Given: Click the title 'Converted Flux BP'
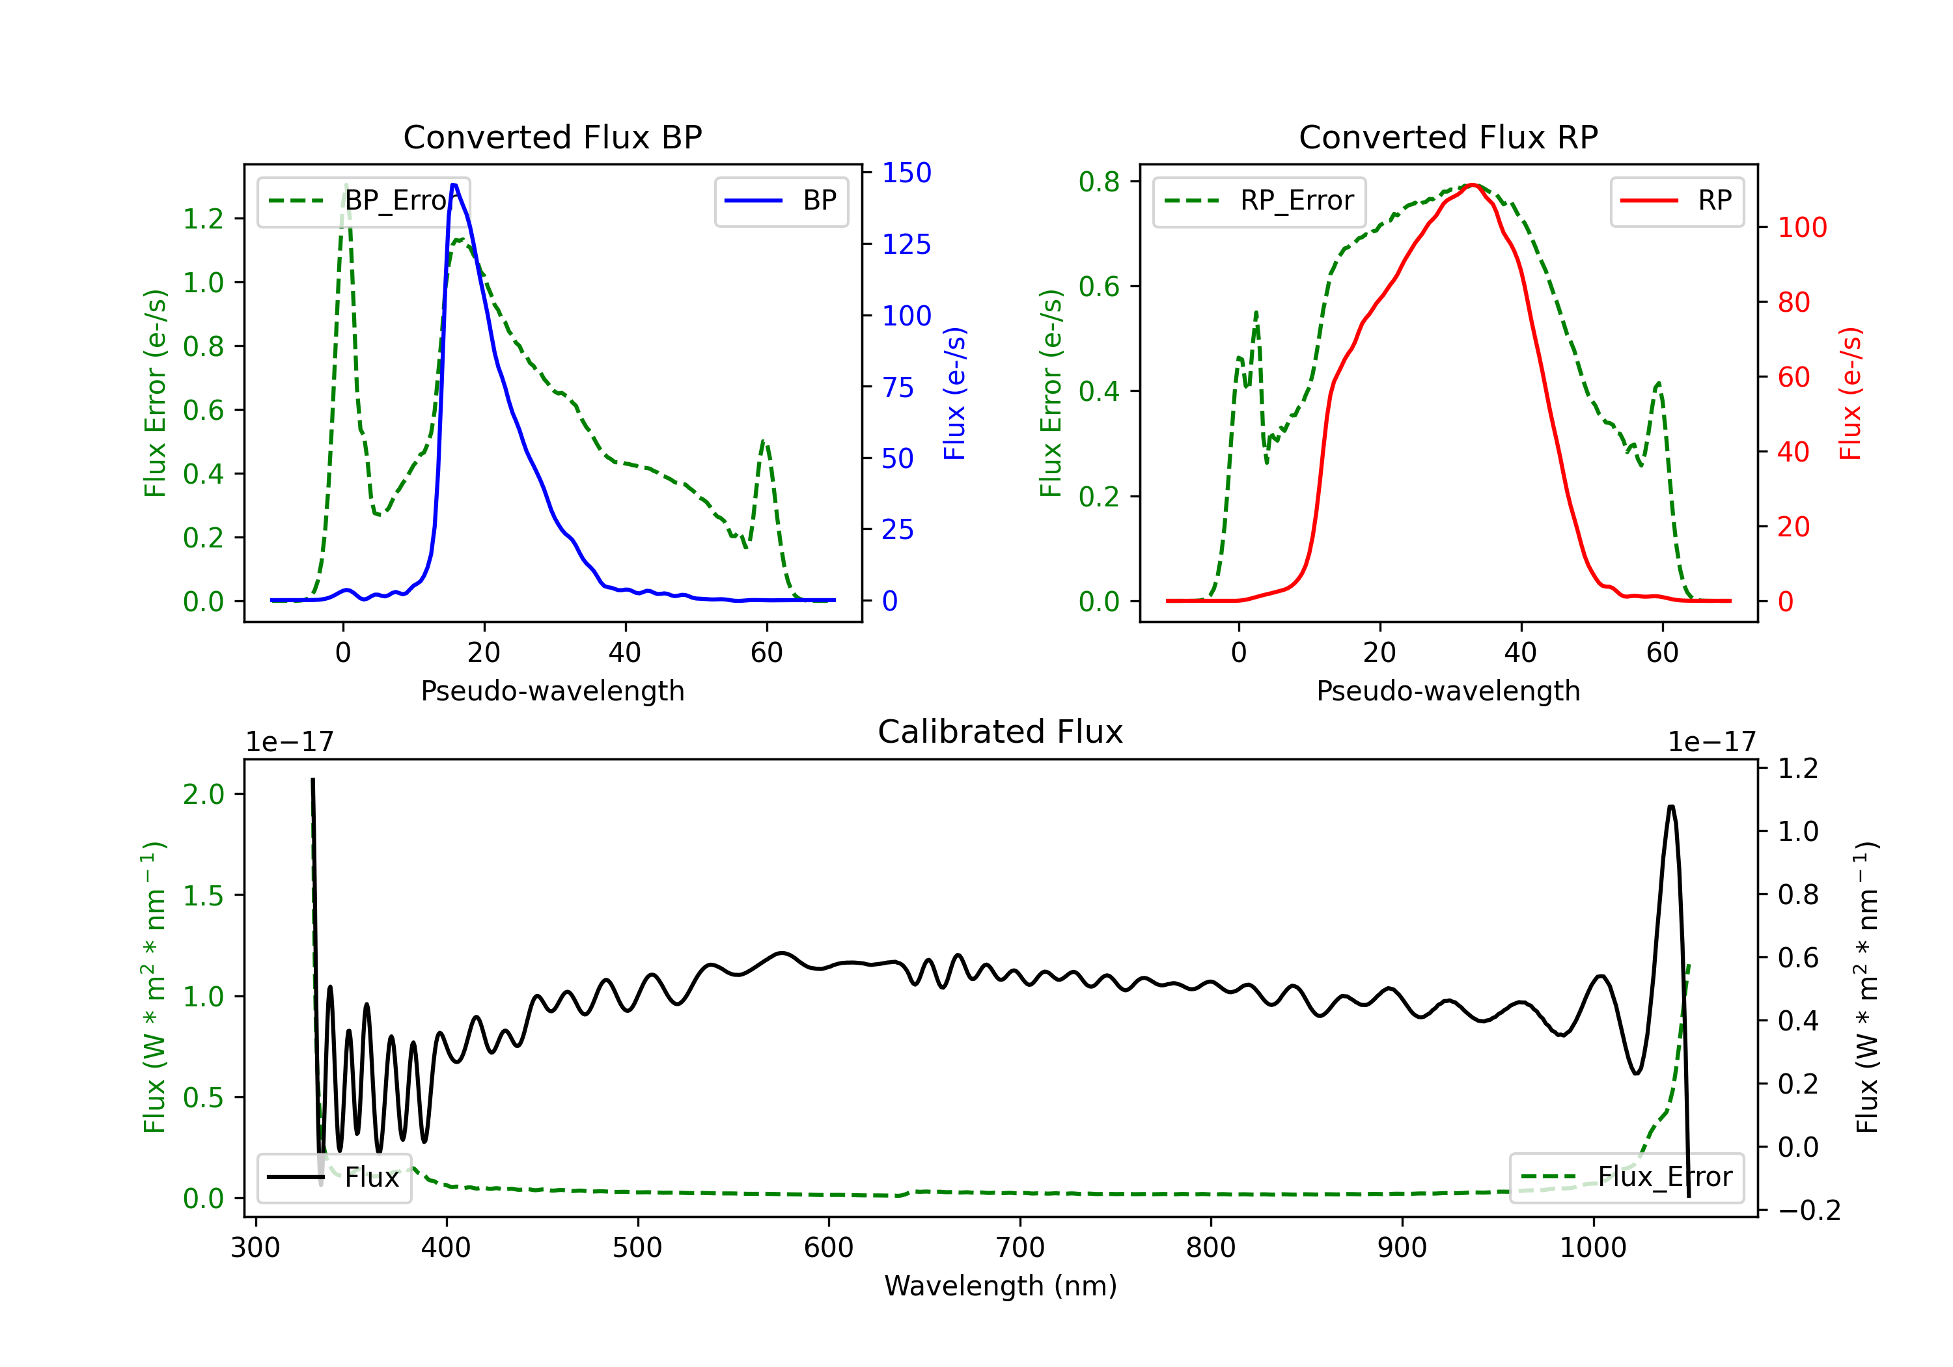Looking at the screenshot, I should pyautogui.click(x=552, y=137).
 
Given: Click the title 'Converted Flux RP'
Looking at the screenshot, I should pyautogui.click(x=1448, y=137).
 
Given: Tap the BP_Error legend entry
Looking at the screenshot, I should pyautogui.click(x=363, y=200).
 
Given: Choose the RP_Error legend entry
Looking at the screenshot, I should pyautogui.click(x=1259, y=200).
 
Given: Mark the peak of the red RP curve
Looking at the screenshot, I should pyautogui.click(x=1473, y=185).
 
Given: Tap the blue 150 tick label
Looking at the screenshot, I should pyautogui.click(x=906, y=173).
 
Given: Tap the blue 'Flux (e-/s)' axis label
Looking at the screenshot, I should pyautogui.click(x=954, y=393).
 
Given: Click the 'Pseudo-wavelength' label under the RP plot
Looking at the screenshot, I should pyautogui.click(x=1448, y=691).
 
